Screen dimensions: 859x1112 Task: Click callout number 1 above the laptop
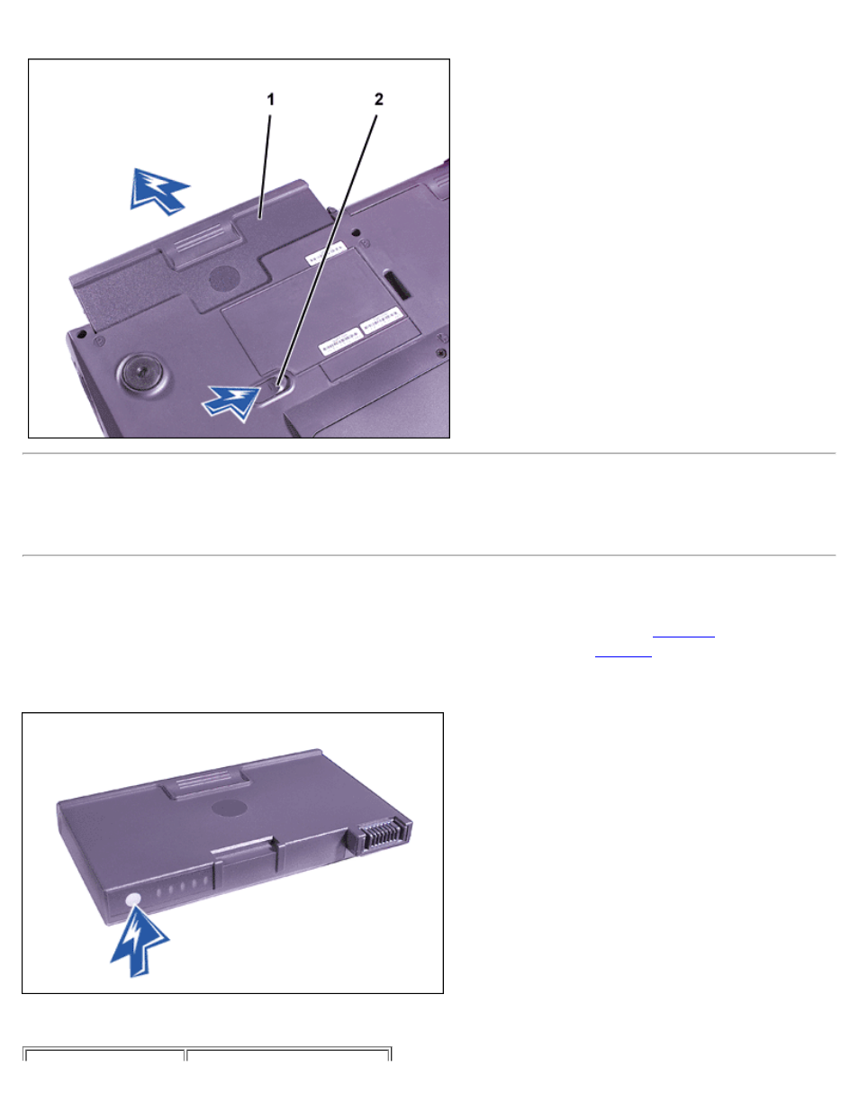pyautogui.click(x=271, y=99)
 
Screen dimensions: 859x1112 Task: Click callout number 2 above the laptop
pyautogui.click(x=378, y=99)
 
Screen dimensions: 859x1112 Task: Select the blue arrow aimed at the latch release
pyautogui.click(x=231, y=402)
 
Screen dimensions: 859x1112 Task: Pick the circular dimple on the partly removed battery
pyautogui.click(x=224, y=279)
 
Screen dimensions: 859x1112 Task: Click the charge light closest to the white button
pyautogui.click(x=158, y=891)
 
